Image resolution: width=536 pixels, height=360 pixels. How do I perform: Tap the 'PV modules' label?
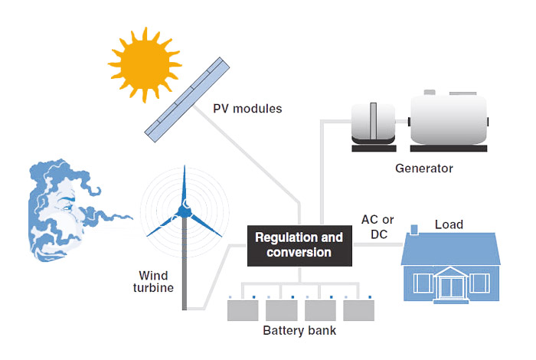pos(247,109)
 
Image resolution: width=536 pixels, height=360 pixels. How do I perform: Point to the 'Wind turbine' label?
pos(153,281)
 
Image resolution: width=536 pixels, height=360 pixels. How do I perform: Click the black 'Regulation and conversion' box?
pos(299,245)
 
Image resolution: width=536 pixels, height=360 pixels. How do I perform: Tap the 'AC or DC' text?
pos(377,227)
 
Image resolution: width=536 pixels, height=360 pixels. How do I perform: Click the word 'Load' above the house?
pos(449,224)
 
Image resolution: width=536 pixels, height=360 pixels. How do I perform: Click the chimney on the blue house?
pos(414,231)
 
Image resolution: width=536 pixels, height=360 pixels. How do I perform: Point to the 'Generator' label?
pos(424,169)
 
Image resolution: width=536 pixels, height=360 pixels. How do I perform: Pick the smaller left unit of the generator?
pos(373,123)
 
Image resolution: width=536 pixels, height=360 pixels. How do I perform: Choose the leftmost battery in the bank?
pos(243,309)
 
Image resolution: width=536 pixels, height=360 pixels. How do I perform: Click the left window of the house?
pos(423,283)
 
